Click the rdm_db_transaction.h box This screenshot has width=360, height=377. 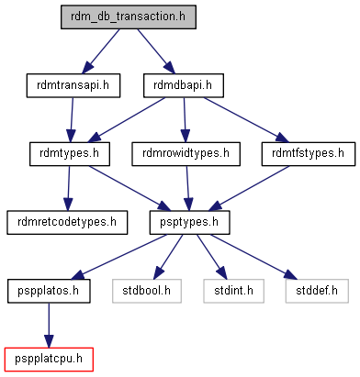[x=129, y=17]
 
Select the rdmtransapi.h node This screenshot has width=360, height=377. [x=73, y=85]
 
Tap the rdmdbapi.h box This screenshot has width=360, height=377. [x=184, y=85]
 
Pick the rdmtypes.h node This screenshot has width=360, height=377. [x=70, y=154]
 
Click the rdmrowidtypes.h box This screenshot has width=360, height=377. [x=186, y=154]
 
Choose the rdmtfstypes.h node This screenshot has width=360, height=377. [x=309, y=154]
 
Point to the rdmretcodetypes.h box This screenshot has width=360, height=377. [x=67, y=223]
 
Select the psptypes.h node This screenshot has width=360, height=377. [x=189, y=223]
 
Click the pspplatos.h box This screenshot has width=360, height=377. [x=49, y=291]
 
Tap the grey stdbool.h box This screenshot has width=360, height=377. [x=147, y=291]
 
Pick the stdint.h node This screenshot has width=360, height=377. [x=233, y=291]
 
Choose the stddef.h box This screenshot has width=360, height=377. [x=317, y=291]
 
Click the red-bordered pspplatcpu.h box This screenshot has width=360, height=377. [x=49, y=360]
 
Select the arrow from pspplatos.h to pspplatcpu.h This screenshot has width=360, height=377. [x=49, y=326]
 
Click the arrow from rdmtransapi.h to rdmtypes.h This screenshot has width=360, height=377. [x=72, y=120]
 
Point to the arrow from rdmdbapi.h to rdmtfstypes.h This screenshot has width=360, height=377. [x=246, y=120]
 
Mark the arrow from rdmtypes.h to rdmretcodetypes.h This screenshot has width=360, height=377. [x=69, y=188]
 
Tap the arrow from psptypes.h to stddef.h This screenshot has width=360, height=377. [x=253, y=257]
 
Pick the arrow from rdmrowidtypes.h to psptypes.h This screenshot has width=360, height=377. [x=188, y=188]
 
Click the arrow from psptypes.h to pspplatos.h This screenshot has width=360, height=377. [x=119, y=257]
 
